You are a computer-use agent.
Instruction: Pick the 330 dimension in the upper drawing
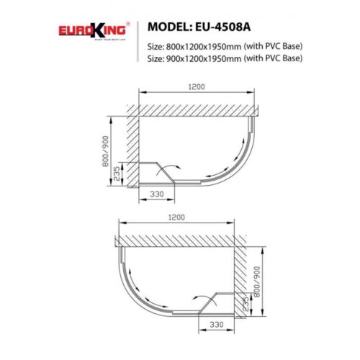coord(159,194)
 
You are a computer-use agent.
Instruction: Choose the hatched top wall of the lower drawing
coord(180,240)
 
